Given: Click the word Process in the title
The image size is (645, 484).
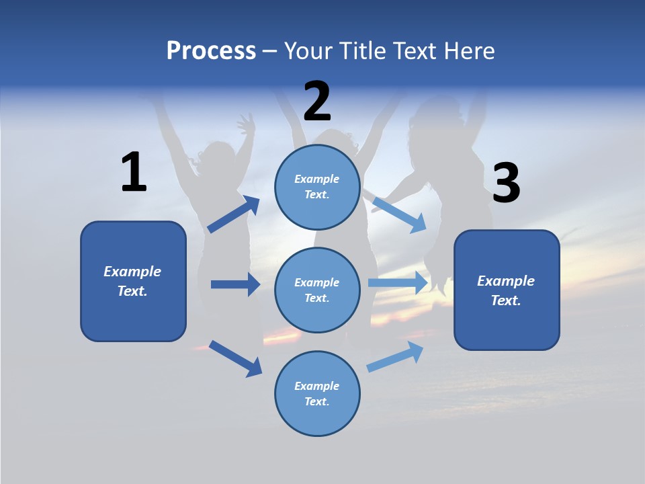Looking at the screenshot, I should (211, 51).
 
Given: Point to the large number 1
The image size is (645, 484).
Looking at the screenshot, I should (134, 172).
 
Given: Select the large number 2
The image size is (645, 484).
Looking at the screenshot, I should (317, 101).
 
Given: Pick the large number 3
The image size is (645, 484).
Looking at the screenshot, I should (506, 184).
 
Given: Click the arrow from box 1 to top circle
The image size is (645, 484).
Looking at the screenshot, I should (234, 215).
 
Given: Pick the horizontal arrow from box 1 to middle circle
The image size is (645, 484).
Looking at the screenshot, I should (235, 284).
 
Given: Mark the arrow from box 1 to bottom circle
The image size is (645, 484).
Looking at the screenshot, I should (235, 358).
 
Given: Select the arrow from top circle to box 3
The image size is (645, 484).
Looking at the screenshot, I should (399, 215).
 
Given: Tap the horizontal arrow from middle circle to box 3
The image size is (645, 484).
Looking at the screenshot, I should (398, 283).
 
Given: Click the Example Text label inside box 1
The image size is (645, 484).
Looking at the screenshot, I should (132, 281).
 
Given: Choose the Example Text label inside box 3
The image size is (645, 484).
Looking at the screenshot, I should (506, 290).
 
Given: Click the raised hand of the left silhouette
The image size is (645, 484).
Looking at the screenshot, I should (246, 124).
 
